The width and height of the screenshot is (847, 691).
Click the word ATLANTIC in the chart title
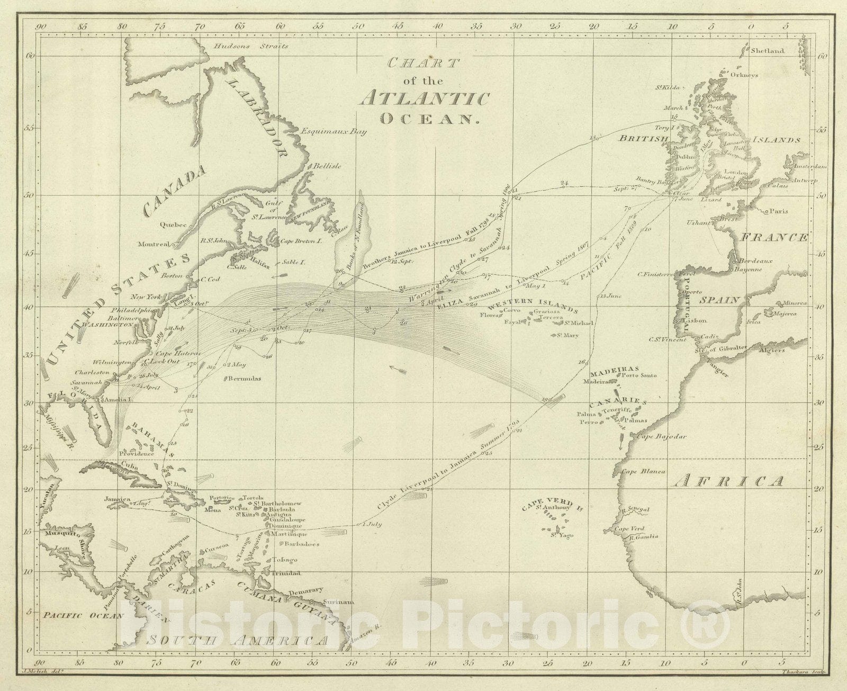click(423, 99)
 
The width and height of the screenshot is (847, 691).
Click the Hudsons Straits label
click(251, 46)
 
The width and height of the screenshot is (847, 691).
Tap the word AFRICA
click(731, 481)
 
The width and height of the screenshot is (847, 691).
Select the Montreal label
click(153, 244)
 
